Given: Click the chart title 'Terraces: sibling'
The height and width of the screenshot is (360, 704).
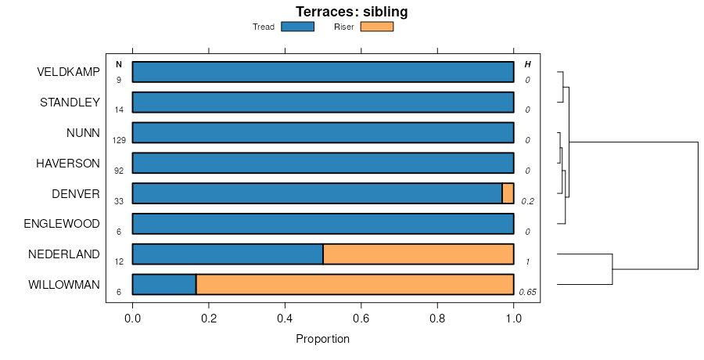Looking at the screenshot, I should (351, 12).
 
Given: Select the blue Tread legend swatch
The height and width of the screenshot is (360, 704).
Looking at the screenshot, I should (297, 27).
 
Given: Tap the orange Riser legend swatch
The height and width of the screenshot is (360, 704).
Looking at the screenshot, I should (376, 27).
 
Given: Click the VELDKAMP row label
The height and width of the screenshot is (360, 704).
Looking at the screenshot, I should (68, 72).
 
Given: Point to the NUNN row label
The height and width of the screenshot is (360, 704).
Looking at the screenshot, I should (83, 133).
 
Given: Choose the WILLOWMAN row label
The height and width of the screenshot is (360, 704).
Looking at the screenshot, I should (64, 285).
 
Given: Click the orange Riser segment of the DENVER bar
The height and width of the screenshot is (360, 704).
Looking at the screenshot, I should (508, 193).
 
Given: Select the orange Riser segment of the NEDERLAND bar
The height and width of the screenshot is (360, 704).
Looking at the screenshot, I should (418, 254).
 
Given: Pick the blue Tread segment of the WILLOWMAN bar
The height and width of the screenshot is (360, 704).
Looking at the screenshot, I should (164, 285).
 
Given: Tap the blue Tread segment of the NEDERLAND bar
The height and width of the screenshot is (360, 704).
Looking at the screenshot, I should (228, 254).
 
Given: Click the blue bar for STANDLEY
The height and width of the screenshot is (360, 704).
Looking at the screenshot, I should (323, 103).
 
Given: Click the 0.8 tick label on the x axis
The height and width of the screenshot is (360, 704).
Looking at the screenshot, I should (437, 319).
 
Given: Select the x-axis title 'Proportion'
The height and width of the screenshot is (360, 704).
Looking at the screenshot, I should (322, 339).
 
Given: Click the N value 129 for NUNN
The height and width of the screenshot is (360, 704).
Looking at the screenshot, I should (119, 140).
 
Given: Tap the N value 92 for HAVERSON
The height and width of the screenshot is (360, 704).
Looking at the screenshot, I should (119, 171).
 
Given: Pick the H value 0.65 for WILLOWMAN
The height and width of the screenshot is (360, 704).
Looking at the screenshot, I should (527, 292).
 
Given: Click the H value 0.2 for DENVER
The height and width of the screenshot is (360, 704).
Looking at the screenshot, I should (527, 201).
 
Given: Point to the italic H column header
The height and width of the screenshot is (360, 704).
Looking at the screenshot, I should (527, 64).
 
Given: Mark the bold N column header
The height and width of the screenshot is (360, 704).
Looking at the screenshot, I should (119, 64).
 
